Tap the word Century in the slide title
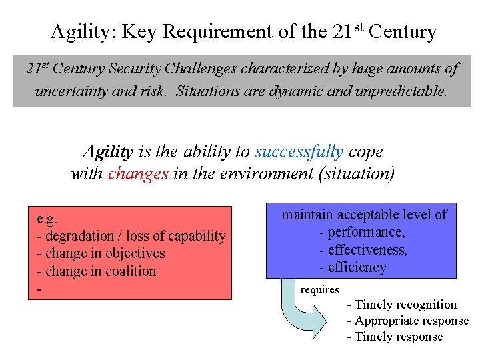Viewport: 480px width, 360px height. click(402, 32)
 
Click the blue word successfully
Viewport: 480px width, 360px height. click(299, 152)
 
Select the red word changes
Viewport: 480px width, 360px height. click(138, 174)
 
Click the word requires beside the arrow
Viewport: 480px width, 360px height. click(320, 290)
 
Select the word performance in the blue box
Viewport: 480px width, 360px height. click(366, 232)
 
